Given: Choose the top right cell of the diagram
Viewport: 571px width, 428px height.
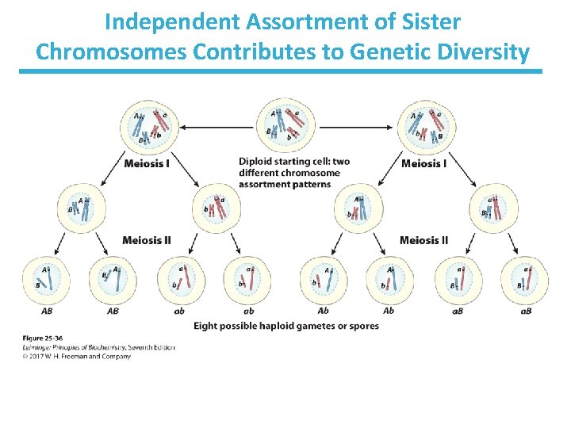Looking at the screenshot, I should pos(425,126).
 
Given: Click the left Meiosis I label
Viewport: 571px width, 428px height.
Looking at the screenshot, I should pos(146,164).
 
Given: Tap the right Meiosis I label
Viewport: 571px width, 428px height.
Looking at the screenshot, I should pos(423,164).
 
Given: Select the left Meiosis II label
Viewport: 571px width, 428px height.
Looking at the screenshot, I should pos(146,240).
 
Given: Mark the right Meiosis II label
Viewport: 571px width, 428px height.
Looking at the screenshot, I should pos(423,240).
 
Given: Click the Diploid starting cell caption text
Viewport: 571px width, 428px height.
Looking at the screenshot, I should pos(293,173).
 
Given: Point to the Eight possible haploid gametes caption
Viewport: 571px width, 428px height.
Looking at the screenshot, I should pos(285,326).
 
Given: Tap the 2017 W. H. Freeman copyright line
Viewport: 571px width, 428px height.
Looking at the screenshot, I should pos(76,357).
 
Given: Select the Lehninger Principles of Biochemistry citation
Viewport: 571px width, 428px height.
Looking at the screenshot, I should pos(98,347).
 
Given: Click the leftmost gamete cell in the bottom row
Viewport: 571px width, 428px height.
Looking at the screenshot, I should pos(46,280).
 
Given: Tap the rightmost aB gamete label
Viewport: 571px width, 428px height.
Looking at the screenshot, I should pos(525,311).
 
